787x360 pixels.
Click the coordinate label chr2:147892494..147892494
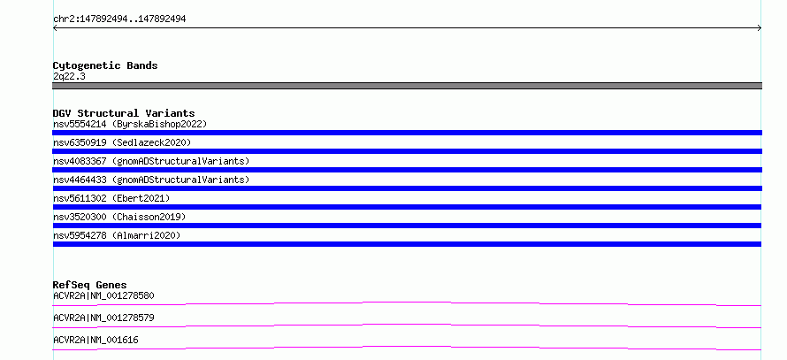click(x=119, y=19)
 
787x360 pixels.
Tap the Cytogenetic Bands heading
click(x=105, y=65)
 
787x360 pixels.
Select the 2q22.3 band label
click(x=69, y=76)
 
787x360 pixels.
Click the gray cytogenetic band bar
click(x=407, y=86)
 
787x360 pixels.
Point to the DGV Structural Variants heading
click(x=124, y=113)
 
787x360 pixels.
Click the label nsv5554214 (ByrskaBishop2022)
click(x=130, y=124)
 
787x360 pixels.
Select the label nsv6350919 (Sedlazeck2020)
click(x=122, y=142)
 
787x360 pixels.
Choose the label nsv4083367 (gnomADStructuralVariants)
click(x=151, y=161)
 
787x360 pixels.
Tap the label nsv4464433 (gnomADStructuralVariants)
click(x=151, y=180)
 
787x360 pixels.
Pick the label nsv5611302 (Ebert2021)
click(x=111, y=198)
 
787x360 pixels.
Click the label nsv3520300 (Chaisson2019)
click(x=119, y=217)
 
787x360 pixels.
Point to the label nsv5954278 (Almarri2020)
click(x=117, y=235)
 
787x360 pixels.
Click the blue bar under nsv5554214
click(x=407, y=133)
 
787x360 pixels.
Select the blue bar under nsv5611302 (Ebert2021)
click(x=407, y=207)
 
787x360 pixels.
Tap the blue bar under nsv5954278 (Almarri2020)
click(x=407, y=244)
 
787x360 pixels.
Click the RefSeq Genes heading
click(x=90, y=285)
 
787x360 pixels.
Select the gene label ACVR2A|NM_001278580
click(x=103, y=295)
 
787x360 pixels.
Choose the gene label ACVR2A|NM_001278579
click(x=103, y=318)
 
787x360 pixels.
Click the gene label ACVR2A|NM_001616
click(x=96, y=340)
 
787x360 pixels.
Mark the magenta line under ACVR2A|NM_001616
click(x=407, y=347)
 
